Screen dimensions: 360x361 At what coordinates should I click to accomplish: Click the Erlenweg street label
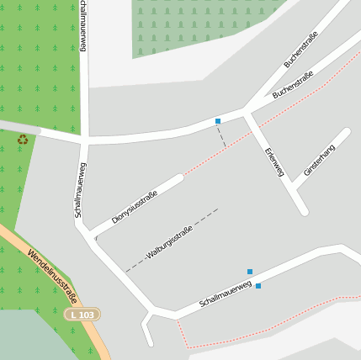(274, 162)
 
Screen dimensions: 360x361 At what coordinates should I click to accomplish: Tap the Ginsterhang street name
(319, 159)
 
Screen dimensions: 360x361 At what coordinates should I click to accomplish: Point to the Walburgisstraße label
(169, 244)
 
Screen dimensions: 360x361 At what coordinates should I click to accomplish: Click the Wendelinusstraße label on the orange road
(51, 276)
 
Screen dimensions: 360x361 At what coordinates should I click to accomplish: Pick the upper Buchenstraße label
(300, 51)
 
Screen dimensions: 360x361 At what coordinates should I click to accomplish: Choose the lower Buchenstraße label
(294, 87)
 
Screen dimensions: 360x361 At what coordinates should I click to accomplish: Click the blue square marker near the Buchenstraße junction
(218, 121)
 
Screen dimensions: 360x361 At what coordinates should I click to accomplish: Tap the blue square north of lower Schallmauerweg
(250, 271)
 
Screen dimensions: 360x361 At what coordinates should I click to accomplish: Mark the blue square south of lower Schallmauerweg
(258, 286)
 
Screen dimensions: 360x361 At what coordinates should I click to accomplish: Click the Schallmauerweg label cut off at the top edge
(82, 25)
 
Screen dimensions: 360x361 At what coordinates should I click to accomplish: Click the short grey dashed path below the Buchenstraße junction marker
(222, 135)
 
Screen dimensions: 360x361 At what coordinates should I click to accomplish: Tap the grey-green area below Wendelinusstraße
(34, 336)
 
